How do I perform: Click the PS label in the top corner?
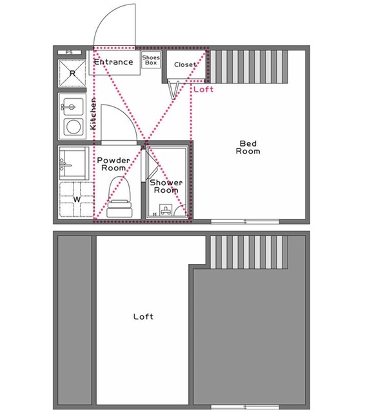(x=69, y=52)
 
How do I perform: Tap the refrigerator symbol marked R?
(x=72, y=73)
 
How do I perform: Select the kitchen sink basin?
(x=74, y=106)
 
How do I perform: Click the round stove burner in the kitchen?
(x=74, y=126)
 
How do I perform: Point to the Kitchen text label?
(x=93, y=114)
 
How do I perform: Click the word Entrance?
(x=113, y=62)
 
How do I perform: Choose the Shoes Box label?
(x=151, y=60)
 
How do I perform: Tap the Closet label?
(x=185, y=65)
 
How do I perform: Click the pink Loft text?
(x=203, y=89)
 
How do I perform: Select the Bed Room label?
(x=248, y=147)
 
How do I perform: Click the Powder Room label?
(x=113, y=164)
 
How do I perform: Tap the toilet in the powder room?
(x=120, y=196)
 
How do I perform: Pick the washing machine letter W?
(x=77, y=199)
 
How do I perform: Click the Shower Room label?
(x=166, y=186)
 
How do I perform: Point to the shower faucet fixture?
(x=166, y=210)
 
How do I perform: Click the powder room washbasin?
(x=74, y=163)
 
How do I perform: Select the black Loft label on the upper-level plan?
(x=143, y=316)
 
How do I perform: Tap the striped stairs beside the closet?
(x=249, y=67)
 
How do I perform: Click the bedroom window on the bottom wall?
(x=245, y=222)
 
